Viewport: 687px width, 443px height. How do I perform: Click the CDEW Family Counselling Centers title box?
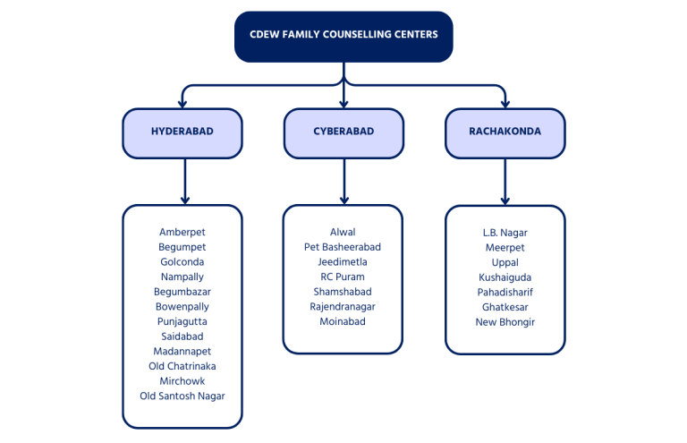343,37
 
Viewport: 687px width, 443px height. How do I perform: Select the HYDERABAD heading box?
182,133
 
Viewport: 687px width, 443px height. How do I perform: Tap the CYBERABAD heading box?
343,133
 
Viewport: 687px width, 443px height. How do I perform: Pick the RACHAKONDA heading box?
505,133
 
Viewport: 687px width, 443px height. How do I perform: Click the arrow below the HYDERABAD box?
185,182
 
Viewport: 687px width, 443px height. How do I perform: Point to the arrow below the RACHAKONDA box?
505,182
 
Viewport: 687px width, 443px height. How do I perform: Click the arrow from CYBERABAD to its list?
344,182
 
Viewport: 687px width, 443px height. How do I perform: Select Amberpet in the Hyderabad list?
182,232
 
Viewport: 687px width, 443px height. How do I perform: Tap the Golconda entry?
182,262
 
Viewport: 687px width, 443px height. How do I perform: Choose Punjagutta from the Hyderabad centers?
182,321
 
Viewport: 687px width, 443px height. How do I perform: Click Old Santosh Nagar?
182,396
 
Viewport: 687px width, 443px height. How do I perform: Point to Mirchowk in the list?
182,381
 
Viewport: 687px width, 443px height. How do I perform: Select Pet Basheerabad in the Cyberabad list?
343,247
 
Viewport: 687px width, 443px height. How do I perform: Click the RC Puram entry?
343,277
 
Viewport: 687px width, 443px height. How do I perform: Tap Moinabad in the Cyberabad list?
343,321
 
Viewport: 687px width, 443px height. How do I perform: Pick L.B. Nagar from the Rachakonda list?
505,233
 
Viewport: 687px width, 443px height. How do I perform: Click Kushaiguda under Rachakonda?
505,277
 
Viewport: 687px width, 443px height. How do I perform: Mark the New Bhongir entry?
505,322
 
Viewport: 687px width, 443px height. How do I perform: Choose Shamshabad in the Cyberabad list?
343,292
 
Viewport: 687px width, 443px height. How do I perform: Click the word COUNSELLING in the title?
361,35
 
